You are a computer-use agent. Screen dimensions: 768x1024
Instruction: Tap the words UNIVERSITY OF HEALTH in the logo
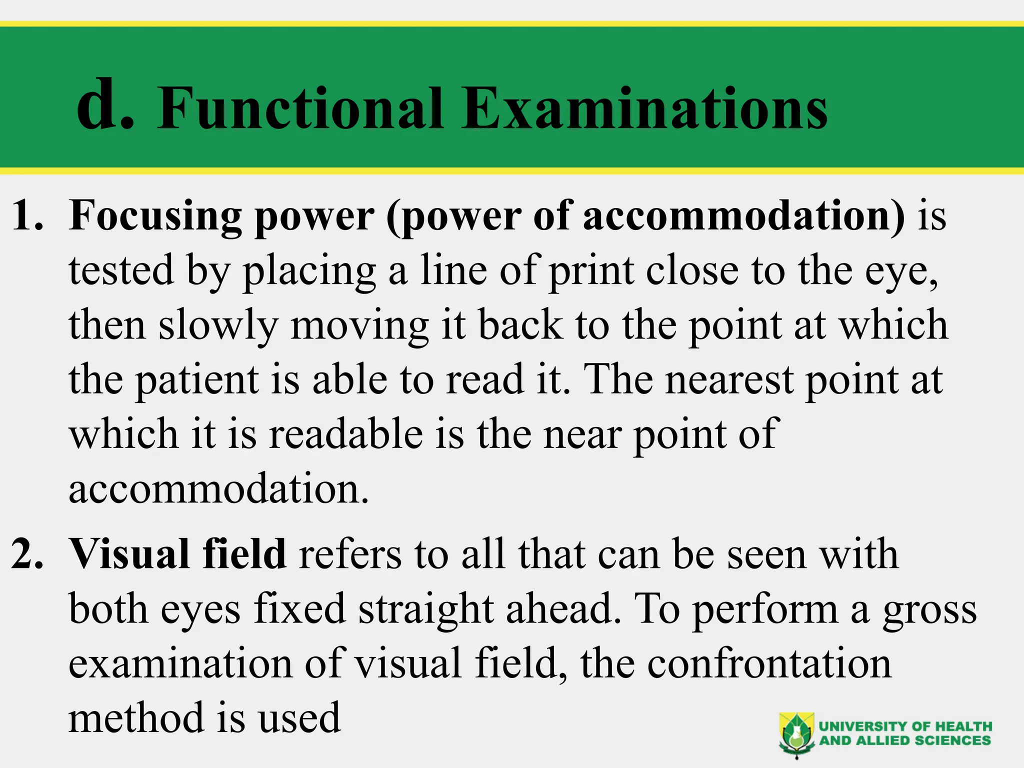pyautogui.click(x=905, y=726)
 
